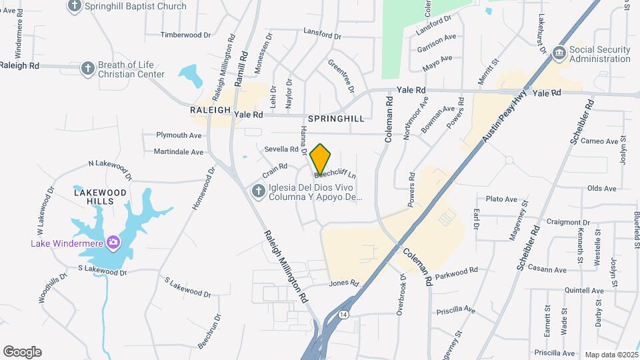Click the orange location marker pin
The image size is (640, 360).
tap(320, 159)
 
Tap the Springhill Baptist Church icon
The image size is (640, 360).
tap(75, 6)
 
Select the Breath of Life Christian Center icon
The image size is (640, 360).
tap(87, 68)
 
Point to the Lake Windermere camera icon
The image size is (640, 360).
tap(113, 241)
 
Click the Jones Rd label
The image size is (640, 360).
tap(344, 283)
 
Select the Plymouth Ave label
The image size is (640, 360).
tap(179, 135)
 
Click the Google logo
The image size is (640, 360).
tap(22, 351)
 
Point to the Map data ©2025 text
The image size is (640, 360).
tap(611, 355)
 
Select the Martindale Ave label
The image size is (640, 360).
tap(179, 152)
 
